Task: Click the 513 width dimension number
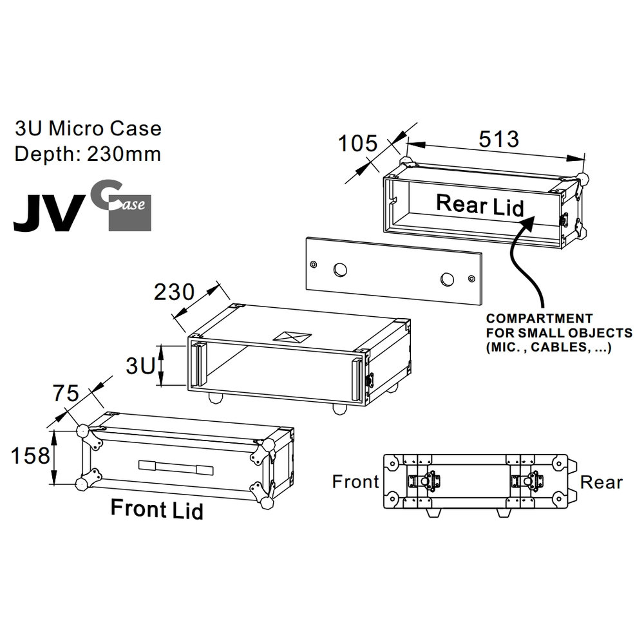click(x=499, y=138)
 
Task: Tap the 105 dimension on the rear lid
click(x=358, y=144)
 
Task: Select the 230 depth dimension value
click(x=173, y=292)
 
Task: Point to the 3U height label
click(x=140, y=366)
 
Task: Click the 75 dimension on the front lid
click(x=65, y=392)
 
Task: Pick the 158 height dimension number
click(x=30, y=456)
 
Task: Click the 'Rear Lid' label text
click(x=480, y=205)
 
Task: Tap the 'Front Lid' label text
click(x=156, y=509)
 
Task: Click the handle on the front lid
click(x=175, y=467)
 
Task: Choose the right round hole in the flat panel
click(x=447, y=278)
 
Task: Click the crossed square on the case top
click(x=290, y=336)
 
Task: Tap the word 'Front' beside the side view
click(x=355, y=482)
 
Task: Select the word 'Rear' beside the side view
click(x=601, y=482)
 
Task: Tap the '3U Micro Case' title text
click(x=88, y=128)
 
